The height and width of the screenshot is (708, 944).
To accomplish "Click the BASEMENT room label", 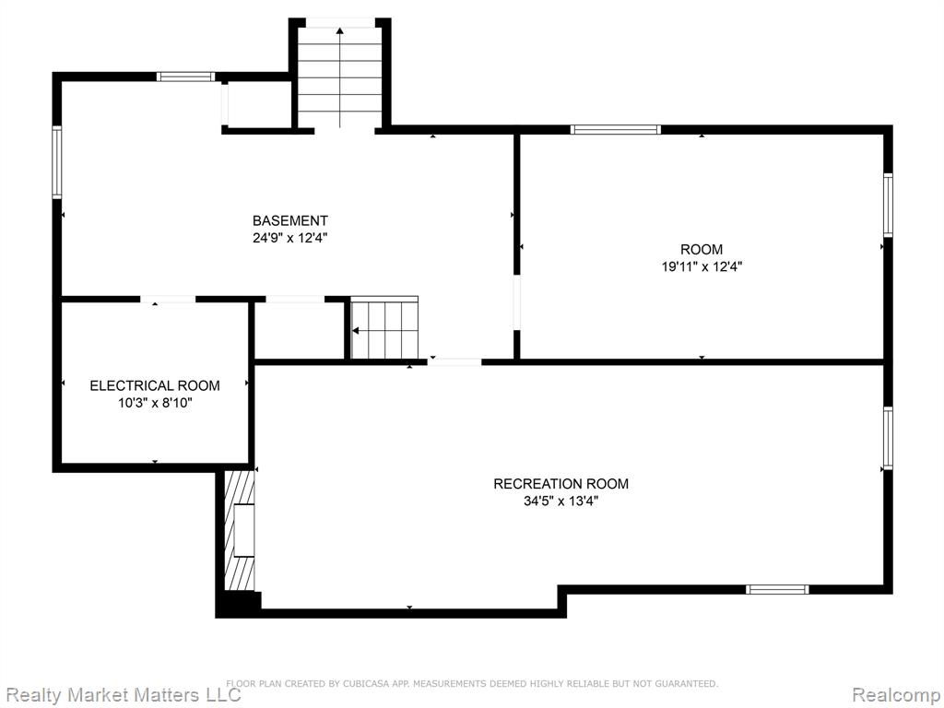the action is (x=290, y=220).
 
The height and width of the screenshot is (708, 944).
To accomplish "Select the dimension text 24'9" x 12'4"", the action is (x=290, y=238).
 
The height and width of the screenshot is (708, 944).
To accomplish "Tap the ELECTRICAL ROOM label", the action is (x=155, y=385).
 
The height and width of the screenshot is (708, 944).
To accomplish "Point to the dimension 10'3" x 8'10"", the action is (x=155, y=403).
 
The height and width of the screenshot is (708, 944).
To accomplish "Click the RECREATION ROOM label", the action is (x=561, y=483).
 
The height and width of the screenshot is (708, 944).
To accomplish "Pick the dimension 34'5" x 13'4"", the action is (x=561, y=501).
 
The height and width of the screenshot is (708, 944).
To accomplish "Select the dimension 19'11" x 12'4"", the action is (x=702, y=266).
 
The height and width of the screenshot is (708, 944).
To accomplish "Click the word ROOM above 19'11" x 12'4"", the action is (x=702, y=249).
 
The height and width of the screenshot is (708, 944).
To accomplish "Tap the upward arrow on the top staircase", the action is (x=340, y=77).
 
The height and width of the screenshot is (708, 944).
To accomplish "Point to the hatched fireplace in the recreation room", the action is (x=240, y=530).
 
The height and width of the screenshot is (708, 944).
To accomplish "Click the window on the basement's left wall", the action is (x=57, y=162).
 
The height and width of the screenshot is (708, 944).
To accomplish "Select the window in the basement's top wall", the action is (x=186, y=77).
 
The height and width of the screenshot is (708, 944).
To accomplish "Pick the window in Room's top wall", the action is (x=615, y=129).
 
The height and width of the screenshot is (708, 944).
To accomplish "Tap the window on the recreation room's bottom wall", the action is (x=777, y=589).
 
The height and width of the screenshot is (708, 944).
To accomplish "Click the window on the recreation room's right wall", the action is (x=888, y=438).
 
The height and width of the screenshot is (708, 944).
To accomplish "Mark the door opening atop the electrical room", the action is (x=168, y=300).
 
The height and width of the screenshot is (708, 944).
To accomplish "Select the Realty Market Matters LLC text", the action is (x=123, y=694).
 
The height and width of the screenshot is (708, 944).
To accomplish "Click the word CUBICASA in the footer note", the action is (x=367, y=683).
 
